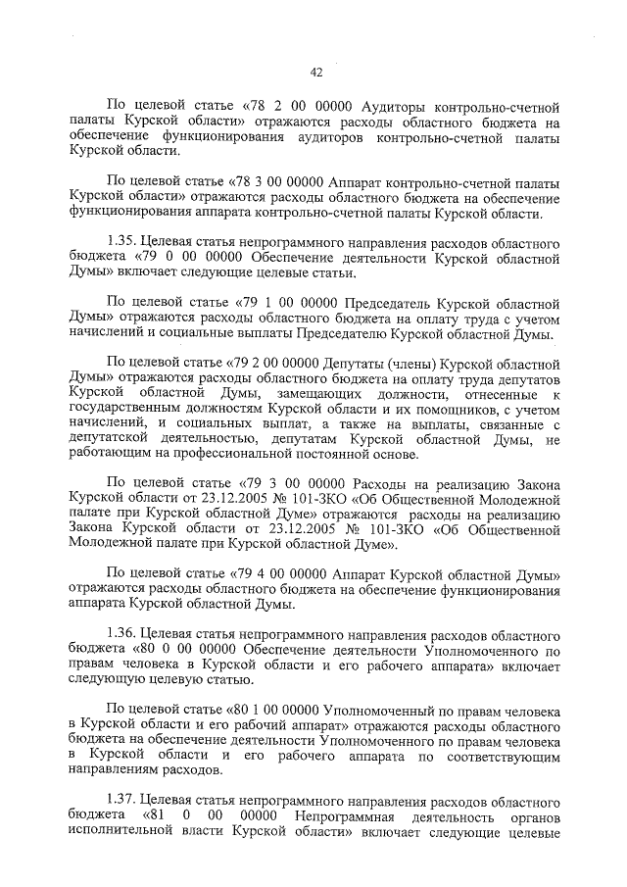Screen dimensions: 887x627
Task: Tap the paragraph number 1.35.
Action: click(x=122, y=241)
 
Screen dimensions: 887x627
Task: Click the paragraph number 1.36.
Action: click(x=122, y=633)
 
